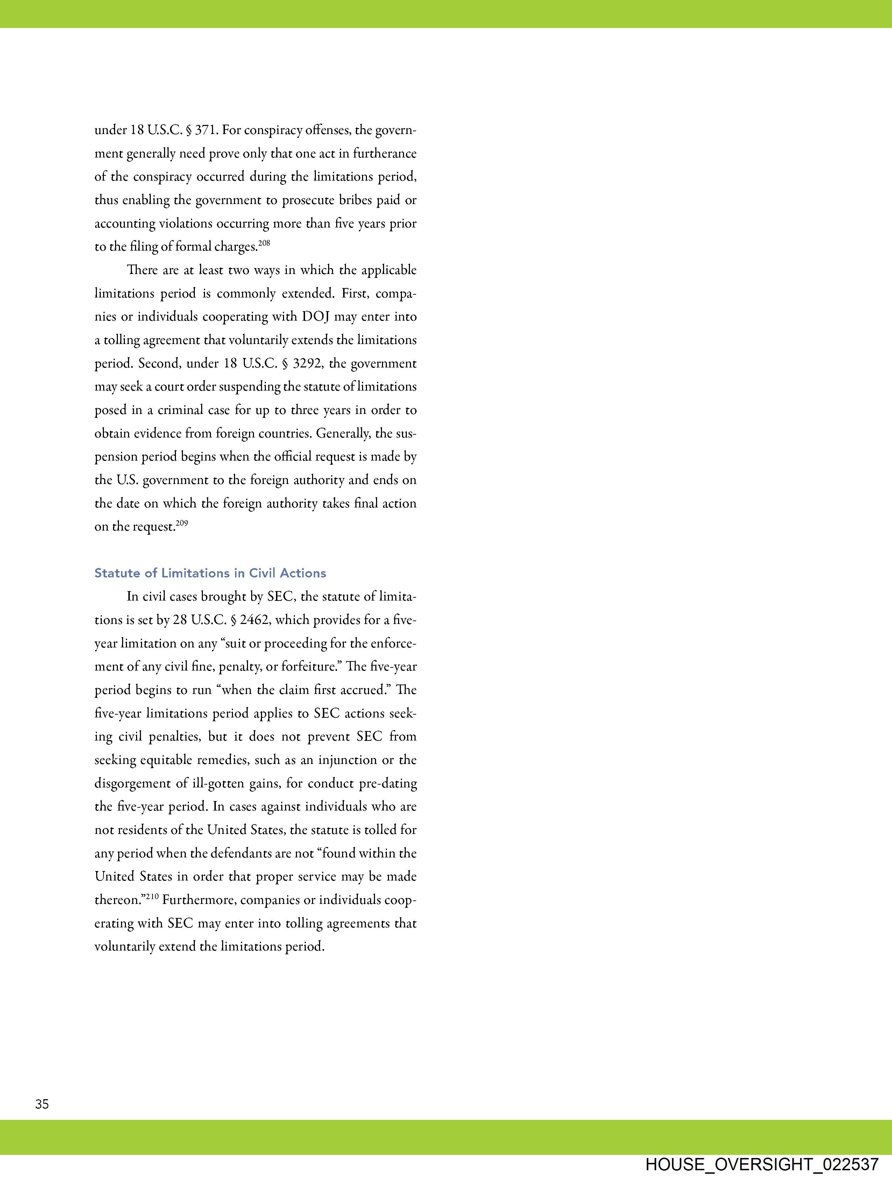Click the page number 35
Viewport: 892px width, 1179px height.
click(42, 1104)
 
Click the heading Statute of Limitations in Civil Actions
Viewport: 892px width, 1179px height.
click(210, 573)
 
